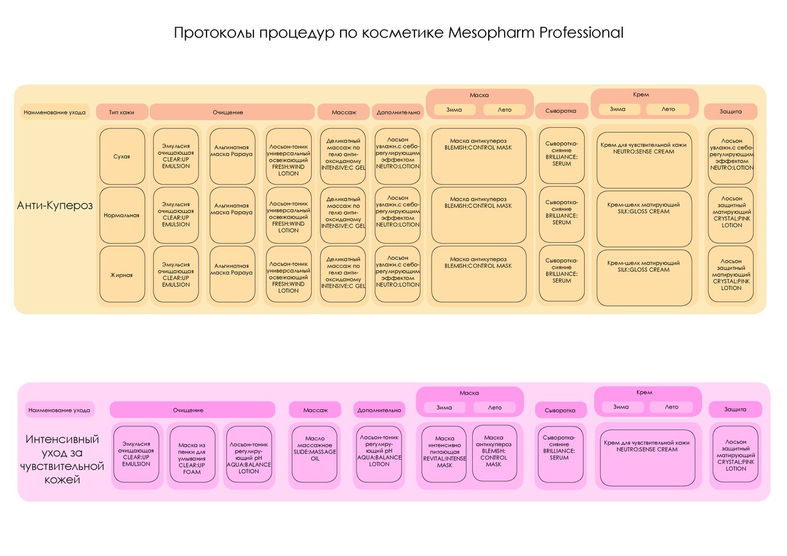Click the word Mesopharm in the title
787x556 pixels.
(491, 33)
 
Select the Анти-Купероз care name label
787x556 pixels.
(55, 205)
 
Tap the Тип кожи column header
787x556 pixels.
(122, 112)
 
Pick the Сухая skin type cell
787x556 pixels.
(122, 156)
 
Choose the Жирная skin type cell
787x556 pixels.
(122, 275)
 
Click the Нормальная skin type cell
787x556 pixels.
(122, 216)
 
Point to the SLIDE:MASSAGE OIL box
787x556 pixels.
(314, 453)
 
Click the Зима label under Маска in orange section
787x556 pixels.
(454, 110)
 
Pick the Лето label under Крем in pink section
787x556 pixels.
(671, 407)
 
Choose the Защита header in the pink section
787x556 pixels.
(735, 409)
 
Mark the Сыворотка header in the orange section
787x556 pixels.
(560, 112)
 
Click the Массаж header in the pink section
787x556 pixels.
(314, 410)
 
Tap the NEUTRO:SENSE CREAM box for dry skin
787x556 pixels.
(644, 160)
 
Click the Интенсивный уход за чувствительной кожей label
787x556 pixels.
(64, 460)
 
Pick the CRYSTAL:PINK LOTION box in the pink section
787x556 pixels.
(735, 455)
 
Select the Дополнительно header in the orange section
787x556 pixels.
(397, 112)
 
